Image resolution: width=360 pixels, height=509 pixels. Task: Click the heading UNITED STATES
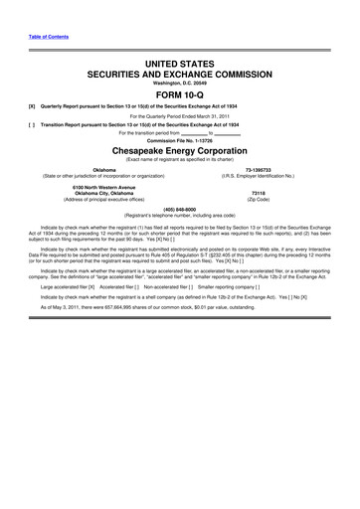(x=180, y=63)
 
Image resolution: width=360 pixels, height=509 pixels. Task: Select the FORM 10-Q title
(x=180, y=96)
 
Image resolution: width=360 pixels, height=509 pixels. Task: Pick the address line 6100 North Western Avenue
(x=103, y=187)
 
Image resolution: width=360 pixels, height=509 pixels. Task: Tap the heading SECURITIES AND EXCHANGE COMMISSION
(x=180, y=74)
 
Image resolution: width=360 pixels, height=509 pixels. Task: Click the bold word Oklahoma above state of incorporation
(x=103, y=171)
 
